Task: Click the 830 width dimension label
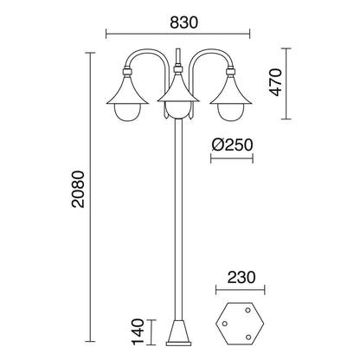point(184,22)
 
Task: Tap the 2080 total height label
point(78,190)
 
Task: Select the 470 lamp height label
point(275,82)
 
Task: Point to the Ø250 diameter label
point(232,145)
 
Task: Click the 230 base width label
point(241,278)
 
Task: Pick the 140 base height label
point(138,331)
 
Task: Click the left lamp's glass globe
point(127,112)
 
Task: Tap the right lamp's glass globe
point(230,112)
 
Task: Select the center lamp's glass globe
point(179,110)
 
